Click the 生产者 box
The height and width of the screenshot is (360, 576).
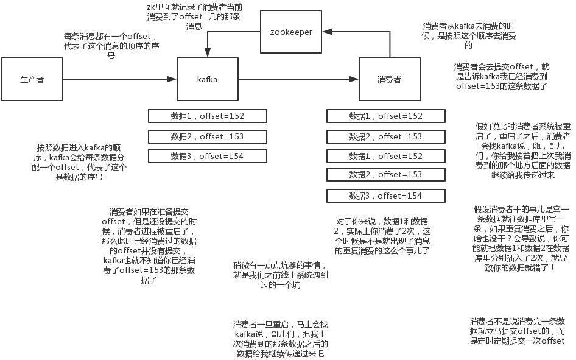[x=32, y=79]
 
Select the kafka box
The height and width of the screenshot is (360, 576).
[x=207, y=79]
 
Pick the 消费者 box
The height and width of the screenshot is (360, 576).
[x=388, y=79]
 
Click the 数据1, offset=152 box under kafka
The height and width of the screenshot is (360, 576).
[x=207, y=116]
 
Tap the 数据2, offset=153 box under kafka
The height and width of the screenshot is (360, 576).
[x=207, y=136]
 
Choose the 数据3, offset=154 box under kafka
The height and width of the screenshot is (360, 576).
[x=207, y=157]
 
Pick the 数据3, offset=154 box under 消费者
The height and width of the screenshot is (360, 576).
[x=385, y=196]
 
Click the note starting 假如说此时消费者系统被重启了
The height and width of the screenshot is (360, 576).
[x=523, y=150]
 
